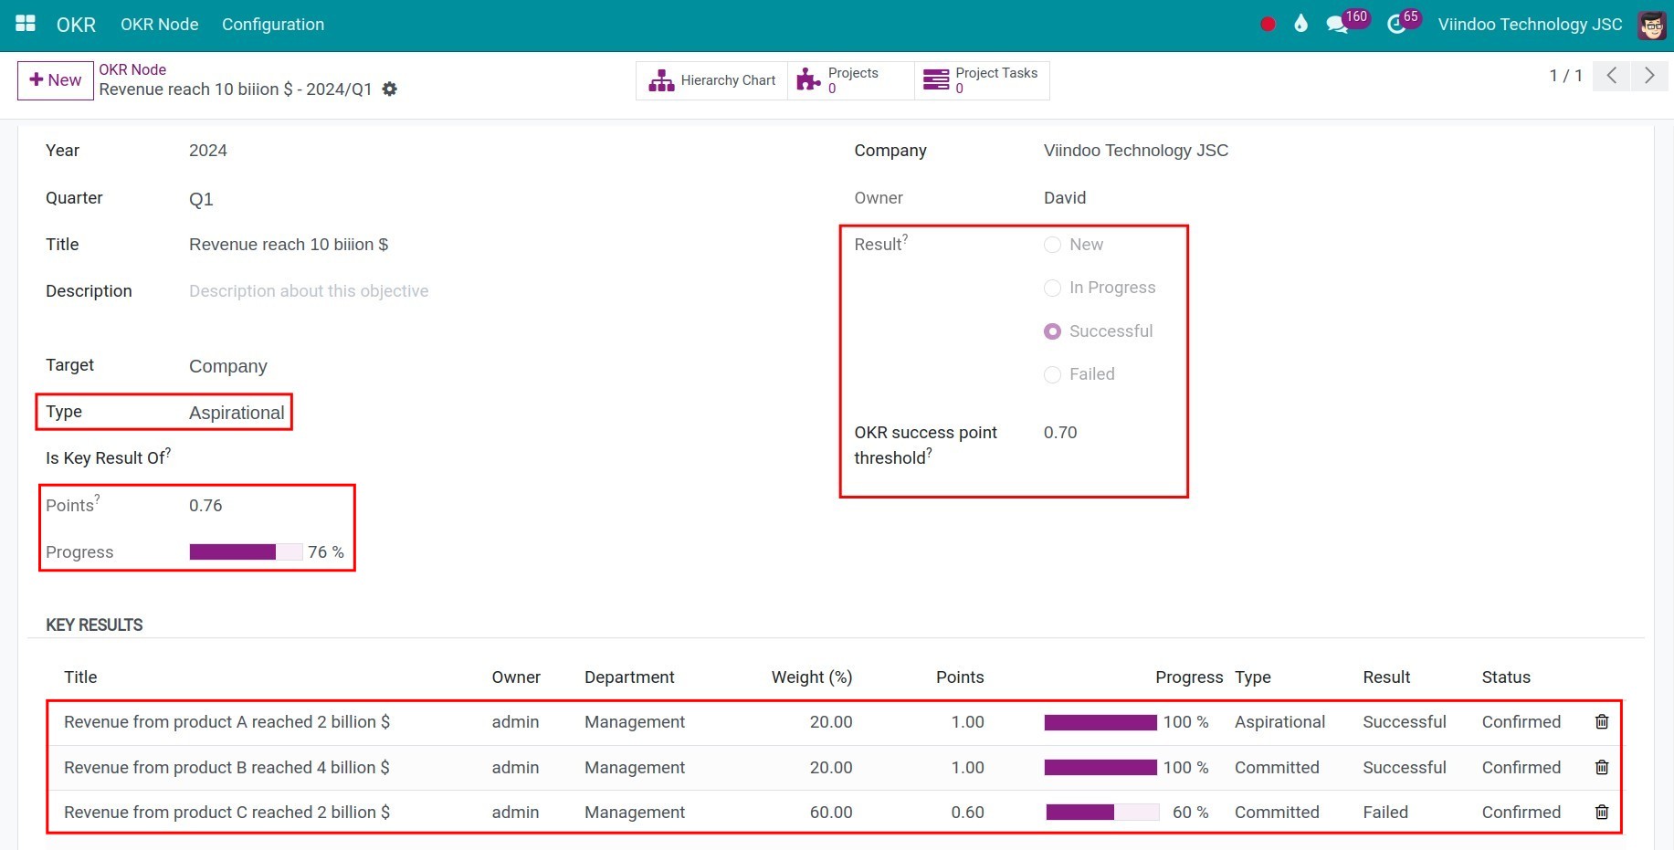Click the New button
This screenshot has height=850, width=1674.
[x=56, y=80]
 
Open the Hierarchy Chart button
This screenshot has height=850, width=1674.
[x=712, y=80]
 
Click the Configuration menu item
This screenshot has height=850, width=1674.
[x=273, y=25]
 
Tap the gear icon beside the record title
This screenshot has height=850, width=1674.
[x=390, y=89]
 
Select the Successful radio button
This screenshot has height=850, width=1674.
[x=1053, y=331]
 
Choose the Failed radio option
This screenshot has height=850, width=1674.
[x=1053, y=374]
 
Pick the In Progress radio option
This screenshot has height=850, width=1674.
[x=1053, y=289]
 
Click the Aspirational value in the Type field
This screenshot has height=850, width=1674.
[x=237, y=413]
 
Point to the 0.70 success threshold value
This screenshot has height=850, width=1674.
[x=1060, y=433]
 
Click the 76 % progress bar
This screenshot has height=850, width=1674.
[x=245, y=552]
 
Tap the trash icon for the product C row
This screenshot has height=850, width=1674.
[x=1602, y=812]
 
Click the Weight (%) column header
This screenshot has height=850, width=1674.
[x=811, y=677]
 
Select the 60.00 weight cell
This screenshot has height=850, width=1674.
[x=830, y=813]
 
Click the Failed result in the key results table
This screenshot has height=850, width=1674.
[x=1384, y=813]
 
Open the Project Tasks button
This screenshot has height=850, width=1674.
[x=982, y=80]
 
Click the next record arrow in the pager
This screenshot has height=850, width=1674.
[x=1649, y=76]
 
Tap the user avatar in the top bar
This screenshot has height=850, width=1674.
[x=1651, y=25]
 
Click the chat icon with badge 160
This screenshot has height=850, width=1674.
[x=1338, y=25]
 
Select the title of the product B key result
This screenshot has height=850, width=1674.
[x=226, y=768]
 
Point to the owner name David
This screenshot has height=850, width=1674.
[x=1065, y=198]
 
